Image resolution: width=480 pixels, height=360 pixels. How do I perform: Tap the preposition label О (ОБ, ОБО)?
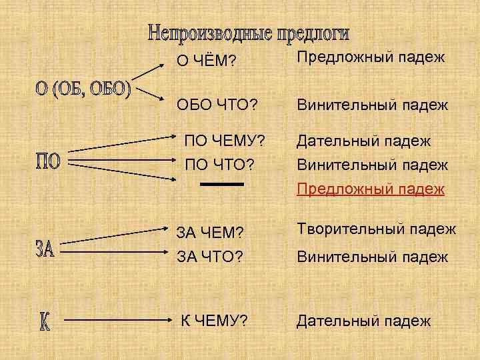click(83, 89)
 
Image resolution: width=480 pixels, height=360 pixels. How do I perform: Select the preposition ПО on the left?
click(48, 161)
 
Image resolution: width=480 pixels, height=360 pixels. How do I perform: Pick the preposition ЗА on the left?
click(45, 251)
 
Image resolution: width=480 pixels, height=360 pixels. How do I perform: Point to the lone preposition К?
click(44, 321)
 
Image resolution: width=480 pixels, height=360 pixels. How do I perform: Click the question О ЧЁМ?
click(206, 61)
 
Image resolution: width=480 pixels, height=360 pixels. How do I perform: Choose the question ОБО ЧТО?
click(217, 105)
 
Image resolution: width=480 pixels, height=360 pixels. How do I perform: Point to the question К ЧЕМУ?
click(215, 321)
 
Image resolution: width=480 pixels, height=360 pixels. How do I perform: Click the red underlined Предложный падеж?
click(371, 189)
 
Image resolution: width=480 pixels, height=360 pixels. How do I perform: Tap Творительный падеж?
click(376, 229)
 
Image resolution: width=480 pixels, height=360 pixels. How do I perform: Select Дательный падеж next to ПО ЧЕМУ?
click(364, 141)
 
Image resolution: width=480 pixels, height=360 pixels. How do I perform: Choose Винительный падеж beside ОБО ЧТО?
click(372, 105)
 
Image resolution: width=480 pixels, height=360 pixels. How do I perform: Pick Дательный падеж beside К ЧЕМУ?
click(364, 321)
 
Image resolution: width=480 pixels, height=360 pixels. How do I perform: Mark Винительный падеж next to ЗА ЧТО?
click(372, 257)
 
